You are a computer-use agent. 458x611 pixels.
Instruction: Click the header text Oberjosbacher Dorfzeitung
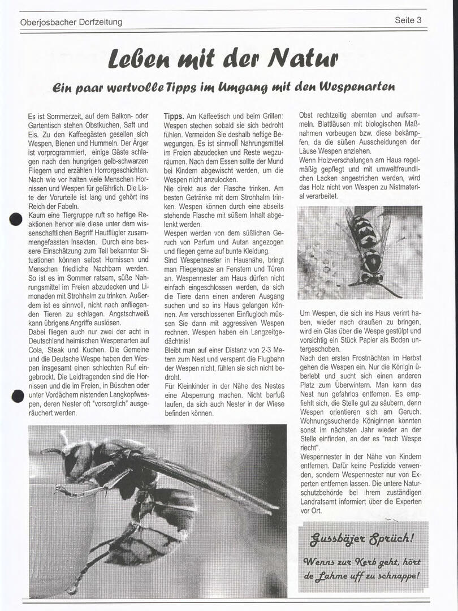[71, 22]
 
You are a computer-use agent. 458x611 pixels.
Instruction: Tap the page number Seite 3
[408, 20]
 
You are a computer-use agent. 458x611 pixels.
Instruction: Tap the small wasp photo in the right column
[360, 252]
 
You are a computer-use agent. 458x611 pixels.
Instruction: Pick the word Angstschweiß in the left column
[125, 315]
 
